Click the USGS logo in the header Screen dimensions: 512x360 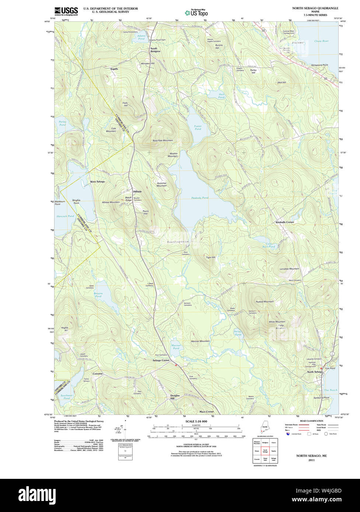click(x=66, y=11)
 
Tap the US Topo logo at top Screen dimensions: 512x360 click(x=196, y=13)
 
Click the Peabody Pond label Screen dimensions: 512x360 click(x=200, y=198)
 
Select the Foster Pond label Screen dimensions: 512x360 click(x=198, y=127)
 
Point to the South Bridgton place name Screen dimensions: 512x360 click(x=155, y=50)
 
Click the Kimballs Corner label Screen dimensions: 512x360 click(x=285, y=222)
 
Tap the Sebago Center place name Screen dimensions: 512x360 click(x=161, y=360)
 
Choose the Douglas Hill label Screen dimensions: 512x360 click(x=175, y=397)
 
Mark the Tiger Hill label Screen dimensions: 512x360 click(x=210, y=257)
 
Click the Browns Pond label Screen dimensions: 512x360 click(x=98, y=295)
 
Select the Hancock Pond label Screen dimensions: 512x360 click(x=65, y=216)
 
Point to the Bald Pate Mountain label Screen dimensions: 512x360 click(x=162, y=141)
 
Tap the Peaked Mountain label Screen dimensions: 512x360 click(x=265, y=301)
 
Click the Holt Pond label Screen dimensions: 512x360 click(x=221, y=95)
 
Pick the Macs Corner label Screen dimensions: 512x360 click(x=206, y=411)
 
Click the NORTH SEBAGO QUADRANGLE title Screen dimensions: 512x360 click(x=315, y=8)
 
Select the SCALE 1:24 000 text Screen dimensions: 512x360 click(x=196, y=421)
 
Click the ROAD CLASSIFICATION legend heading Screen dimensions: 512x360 click(x=311, y=421)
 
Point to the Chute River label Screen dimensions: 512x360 click(x=321, y=41)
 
